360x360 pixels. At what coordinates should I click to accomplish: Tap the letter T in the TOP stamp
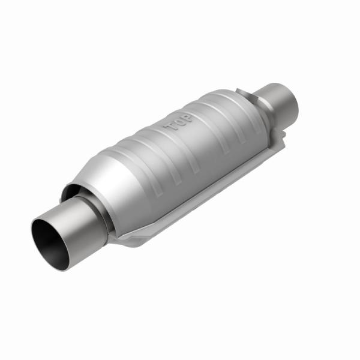click(x=170, y=127)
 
